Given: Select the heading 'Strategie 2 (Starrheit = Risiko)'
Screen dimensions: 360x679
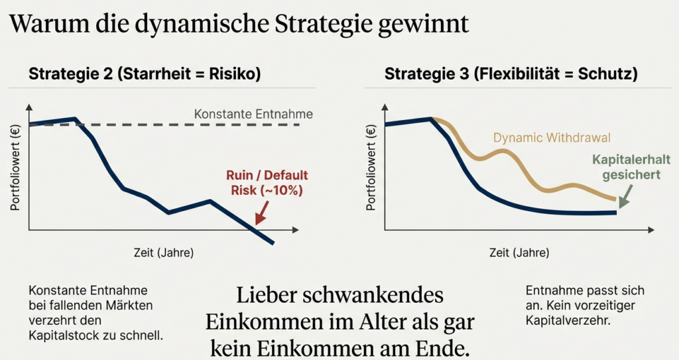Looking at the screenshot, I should (145, 74).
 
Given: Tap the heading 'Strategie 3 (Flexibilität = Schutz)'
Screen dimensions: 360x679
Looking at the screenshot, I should (511, 74).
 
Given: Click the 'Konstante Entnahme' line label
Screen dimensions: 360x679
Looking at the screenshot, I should (253, 114).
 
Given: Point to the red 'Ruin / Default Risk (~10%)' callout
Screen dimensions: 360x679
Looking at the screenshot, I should (267, 183).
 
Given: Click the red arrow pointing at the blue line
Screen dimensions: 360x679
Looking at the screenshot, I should (261, 213).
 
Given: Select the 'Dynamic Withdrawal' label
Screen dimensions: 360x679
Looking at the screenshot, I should (552, 138).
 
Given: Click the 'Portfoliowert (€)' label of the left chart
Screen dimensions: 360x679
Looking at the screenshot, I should (15, 167).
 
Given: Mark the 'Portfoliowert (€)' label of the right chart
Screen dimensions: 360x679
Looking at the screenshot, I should (371, 167).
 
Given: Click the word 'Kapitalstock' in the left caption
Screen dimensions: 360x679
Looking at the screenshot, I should (60, 335).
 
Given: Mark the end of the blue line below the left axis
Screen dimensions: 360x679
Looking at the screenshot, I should (272, 243).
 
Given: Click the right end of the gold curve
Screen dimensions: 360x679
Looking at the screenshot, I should (615, 199).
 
